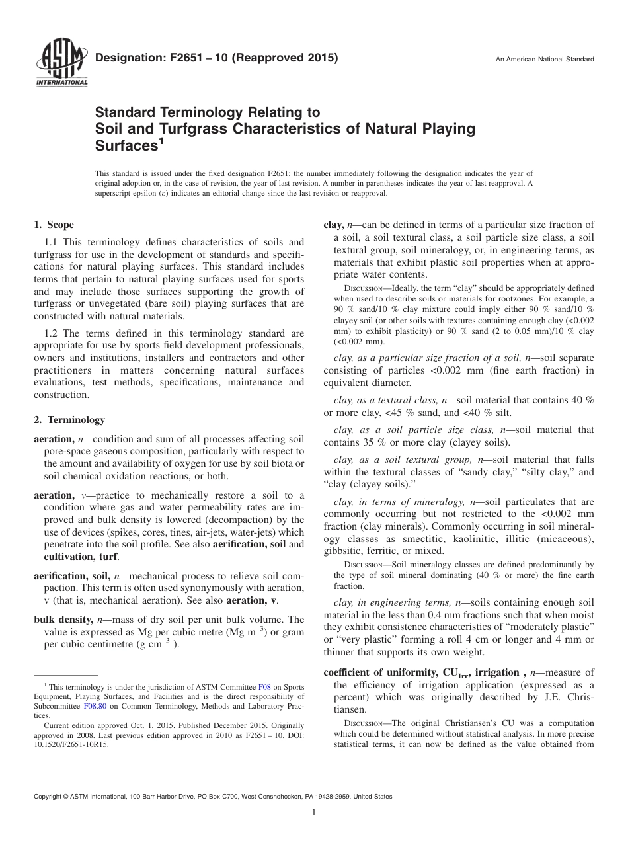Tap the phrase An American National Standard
coord(545,60)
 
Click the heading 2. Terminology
coord(69,419)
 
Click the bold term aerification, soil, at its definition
coord(72,576)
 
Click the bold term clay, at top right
coord(334,225)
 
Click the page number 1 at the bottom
coord(314,813)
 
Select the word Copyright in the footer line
coord(49,797)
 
